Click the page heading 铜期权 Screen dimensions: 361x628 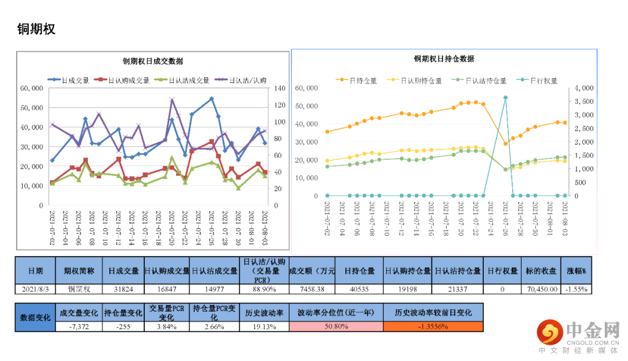coord(36,29)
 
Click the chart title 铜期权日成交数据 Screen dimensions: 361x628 coord(153,61)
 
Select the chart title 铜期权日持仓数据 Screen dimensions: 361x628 coord(444,59)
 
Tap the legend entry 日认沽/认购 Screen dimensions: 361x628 coord(248,81)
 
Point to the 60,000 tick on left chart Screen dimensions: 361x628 coord(31,88)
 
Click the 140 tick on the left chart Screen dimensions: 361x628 coord(277,88)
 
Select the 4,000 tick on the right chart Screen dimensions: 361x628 coord(584,88)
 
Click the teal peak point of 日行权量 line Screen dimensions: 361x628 coord(505,98)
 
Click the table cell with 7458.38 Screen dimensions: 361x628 coord(312,288)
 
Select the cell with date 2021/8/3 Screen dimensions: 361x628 coord(35,288)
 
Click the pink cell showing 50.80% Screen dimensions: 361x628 coord(336,326)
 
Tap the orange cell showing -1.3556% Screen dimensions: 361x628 coord(433,326)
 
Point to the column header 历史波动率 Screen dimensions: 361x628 coord(264,312)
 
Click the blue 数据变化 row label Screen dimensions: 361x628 coord(35,317)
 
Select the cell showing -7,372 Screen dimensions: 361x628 coord(79,326)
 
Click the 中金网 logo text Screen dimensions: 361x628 coord(593,331)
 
